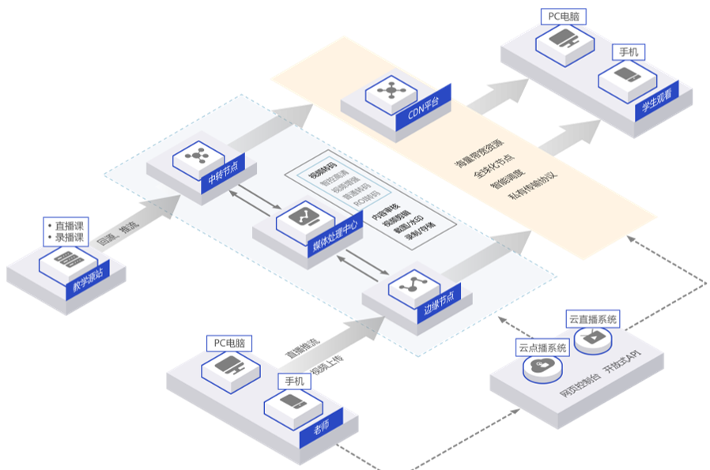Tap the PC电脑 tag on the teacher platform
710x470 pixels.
point(229,344)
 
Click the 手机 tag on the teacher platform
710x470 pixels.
point(294,381)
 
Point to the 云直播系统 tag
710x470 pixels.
point(593,320)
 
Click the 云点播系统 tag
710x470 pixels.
point(542,348)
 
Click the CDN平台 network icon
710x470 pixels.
point(390,91)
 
